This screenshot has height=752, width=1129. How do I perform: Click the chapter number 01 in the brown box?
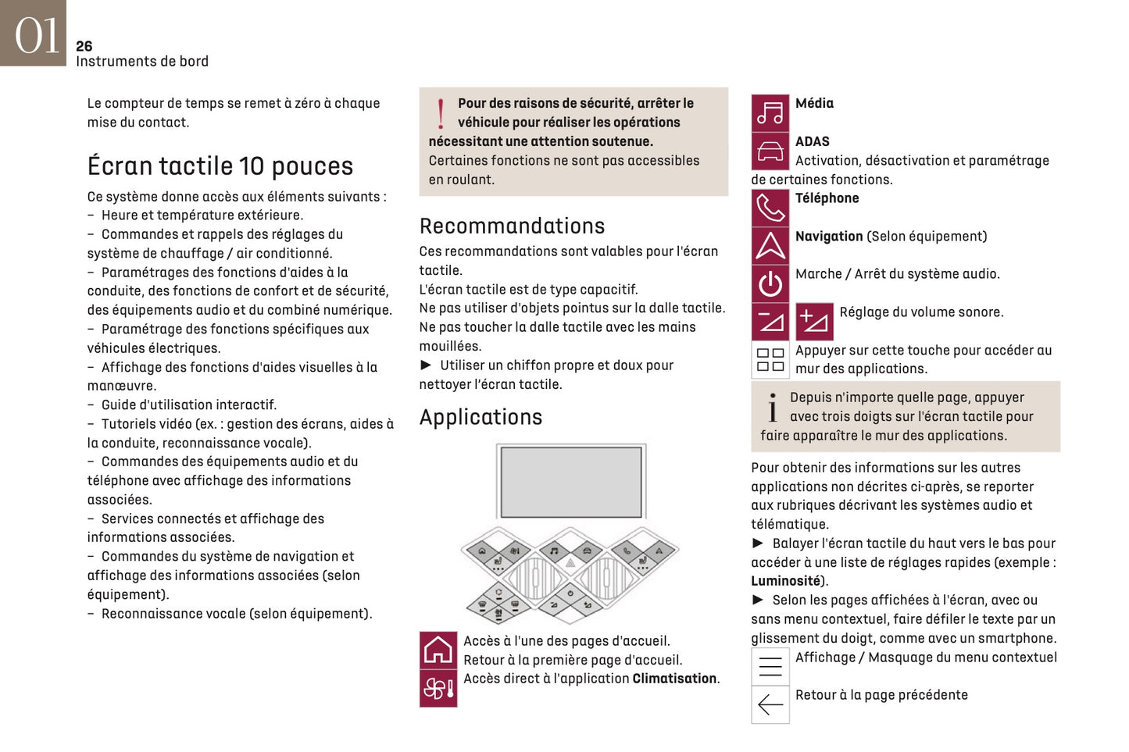36,36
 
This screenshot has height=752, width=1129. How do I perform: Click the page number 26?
84,46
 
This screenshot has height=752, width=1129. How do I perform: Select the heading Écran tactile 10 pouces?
220,166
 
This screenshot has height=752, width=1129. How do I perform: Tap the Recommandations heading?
512,226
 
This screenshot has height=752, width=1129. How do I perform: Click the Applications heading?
481,417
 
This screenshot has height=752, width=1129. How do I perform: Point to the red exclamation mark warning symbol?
441,114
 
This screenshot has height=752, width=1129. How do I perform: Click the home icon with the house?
438,650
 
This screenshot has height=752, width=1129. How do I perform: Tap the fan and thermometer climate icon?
438,688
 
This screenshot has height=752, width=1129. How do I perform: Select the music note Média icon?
770,113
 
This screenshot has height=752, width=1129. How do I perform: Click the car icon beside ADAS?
770,151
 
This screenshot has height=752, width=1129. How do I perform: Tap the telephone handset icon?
770,208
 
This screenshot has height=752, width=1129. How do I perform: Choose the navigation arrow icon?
770,246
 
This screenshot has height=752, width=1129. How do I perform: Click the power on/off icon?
770,283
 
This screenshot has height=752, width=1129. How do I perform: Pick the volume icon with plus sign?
814,322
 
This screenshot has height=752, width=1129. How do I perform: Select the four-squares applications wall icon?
770,360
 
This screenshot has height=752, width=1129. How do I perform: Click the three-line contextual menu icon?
770,666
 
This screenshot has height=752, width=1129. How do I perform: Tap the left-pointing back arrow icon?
770,704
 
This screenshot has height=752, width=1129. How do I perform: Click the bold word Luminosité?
785,581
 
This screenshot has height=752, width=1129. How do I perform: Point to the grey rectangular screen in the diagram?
570,482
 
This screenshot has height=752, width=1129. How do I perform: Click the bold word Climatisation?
674,679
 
